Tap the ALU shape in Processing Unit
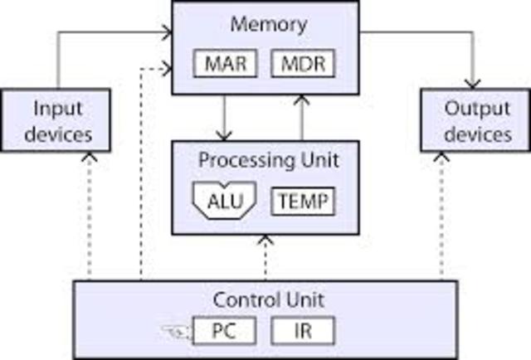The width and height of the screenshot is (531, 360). [x=223, y=202]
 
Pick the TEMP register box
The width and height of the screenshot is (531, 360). [x=303, y=202]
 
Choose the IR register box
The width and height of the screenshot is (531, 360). [x=303, y=331]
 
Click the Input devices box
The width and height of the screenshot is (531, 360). [x=58, y=121]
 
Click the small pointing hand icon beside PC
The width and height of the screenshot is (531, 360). [x=173, y=333]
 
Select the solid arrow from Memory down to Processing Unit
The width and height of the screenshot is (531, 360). [x=222, y=117]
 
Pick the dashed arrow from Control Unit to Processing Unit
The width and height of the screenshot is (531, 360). [x=265, y=258]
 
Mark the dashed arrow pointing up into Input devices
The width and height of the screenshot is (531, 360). [x=88, y=216]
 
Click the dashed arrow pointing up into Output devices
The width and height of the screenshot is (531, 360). [x=441, y=216]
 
